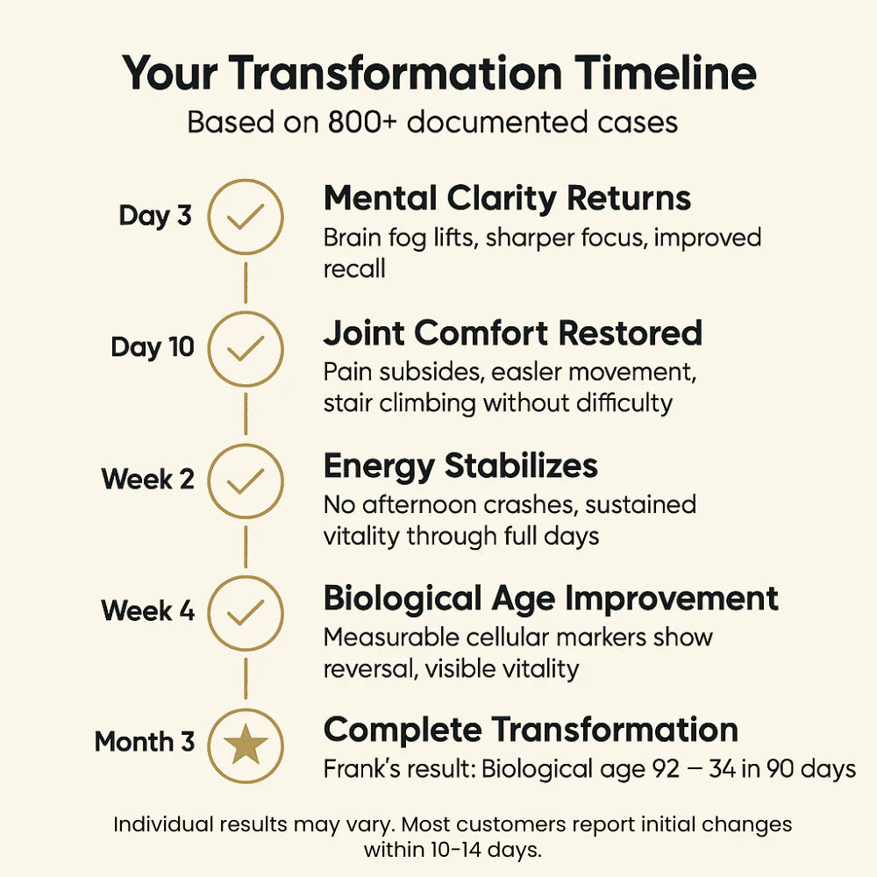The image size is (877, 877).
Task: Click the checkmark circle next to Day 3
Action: point(246,217)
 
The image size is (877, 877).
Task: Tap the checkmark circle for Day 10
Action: point(246,348)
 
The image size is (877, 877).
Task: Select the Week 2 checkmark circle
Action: point(246,481)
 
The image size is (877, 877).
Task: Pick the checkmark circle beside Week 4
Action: point(246,612)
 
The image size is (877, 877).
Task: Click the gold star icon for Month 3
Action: point(246,745)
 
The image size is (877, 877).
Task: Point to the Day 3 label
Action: point(155,216)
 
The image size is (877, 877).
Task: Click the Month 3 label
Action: point(145,742)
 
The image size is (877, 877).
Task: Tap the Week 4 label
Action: point(147,610)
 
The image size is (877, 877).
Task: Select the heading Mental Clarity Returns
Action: point(507,199)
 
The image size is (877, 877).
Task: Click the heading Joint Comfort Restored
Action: point(512,333)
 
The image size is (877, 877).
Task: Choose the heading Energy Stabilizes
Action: point(460,466)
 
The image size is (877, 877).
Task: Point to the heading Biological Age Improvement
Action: point(551,598)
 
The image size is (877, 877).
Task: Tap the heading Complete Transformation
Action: point(531,730)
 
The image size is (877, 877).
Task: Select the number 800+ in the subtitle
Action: point(354,122)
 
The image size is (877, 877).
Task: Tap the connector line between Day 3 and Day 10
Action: point(246,282)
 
